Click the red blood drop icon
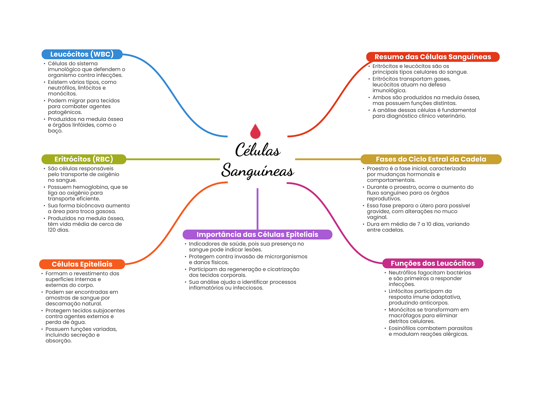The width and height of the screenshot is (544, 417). tap(255, 131)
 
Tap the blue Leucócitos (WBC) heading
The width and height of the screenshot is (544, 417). tap(82, 54)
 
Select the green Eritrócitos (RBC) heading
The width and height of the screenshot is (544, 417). tap(84, 159)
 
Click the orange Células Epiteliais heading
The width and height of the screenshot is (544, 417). tap(82, 264)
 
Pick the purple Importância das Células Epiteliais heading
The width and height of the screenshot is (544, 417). tap(257, 234)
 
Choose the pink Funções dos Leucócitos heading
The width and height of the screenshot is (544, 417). tap(433, 263)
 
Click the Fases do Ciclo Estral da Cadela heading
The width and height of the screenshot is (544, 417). tap(431, 159)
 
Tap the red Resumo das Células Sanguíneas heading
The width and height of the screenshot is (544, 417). tap(433, 57)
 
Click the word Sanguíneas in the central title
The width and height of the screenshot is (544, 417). tap(258, 171)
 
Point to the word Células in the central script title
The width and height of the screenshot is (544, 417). tap(258, 149)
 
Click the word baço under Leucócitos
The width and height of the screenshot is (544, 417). tap(55, 131)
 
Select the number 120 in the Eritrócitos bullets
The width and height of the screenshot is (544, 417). tap(52, 230)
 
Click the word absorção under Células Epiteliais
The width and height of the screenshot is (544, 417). tap(58, 341)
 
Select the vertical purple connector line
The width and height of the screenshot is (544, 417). tap(257, 209)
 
